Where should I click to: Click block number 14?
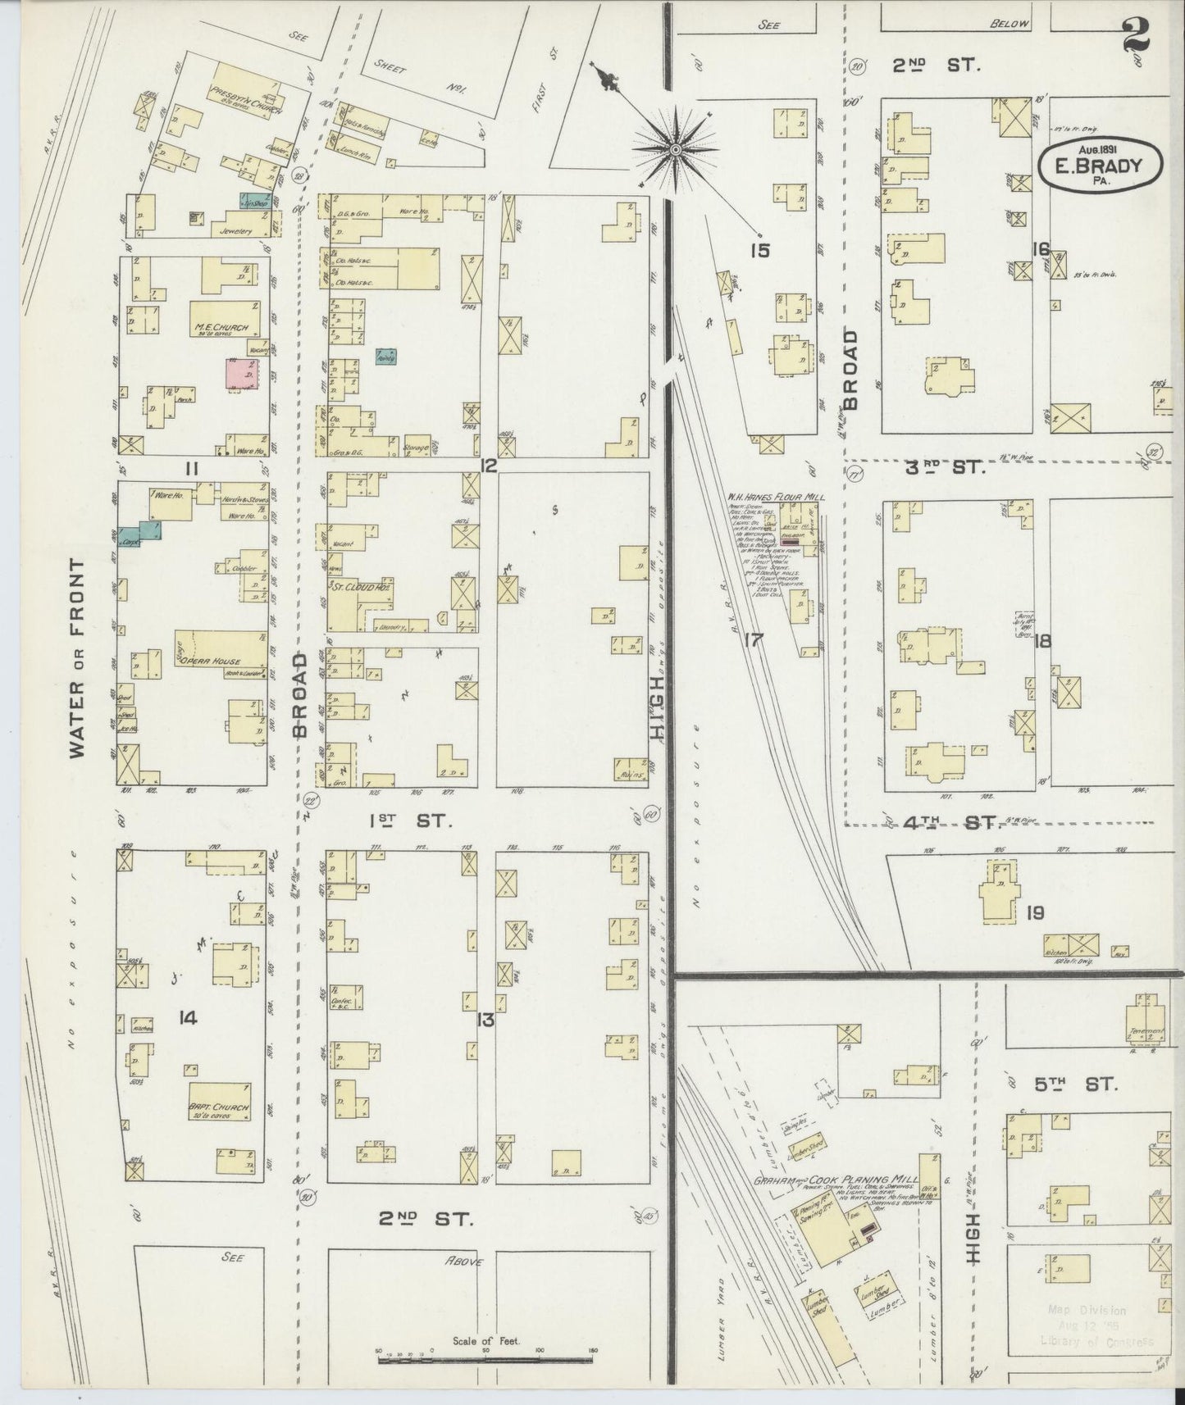coord(188,1018)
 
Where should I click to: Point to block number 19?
coord(1034,912)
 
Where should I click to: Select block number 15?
coord(759,251)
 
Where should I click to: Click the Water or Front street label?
coord(79,659)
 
